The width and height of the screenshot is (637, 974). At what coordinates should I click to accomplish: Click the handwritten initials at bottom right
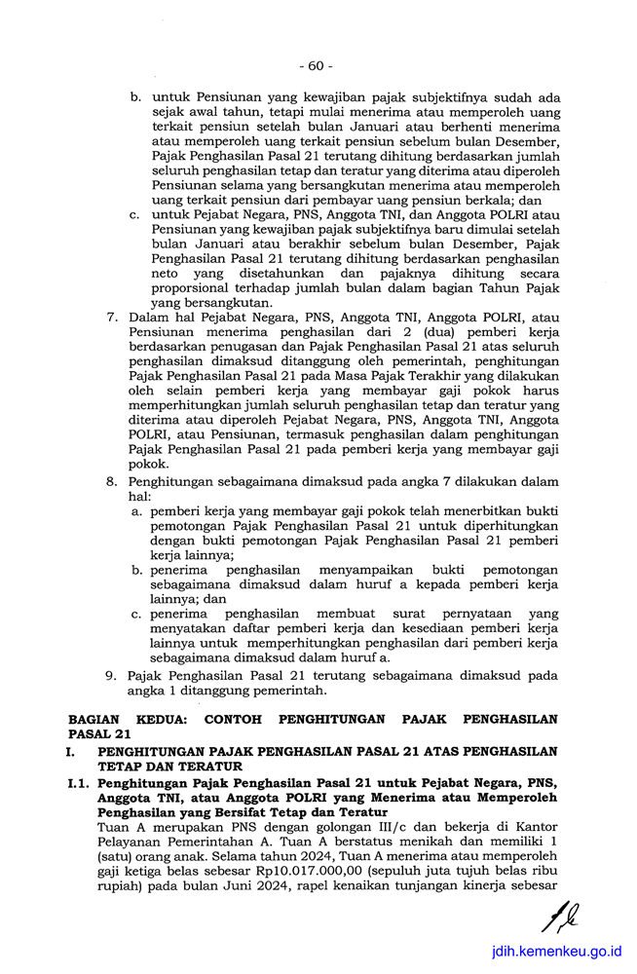click(x=561, y=917)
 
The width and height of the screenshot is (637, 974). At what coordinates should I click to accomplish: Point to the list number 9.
click(x=112, y=675)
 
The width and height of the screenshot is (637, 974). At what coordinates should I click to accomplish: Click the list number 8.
click(x=112, y=481)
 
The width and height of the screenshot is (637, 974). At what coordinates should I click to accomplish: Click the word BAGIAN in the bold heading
click(x=95, y=720)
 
